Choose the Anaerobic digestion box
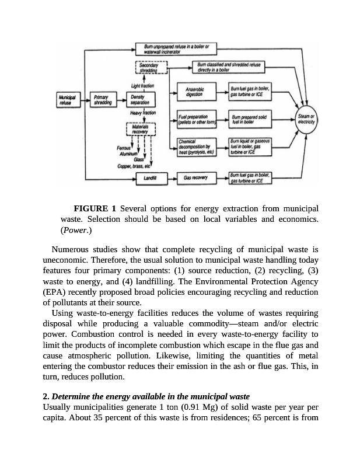coord(194,91)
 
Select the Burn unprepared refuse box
coord(176,48)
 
